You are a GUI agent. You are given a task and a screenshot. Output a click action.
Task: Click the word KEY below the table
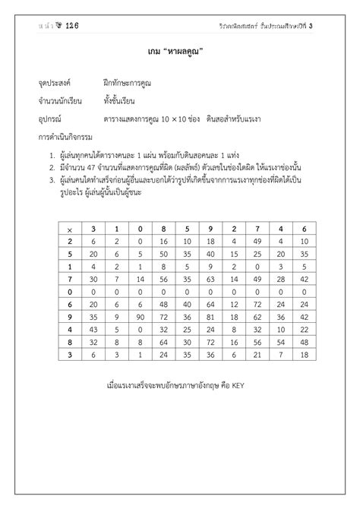(236, 384)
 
